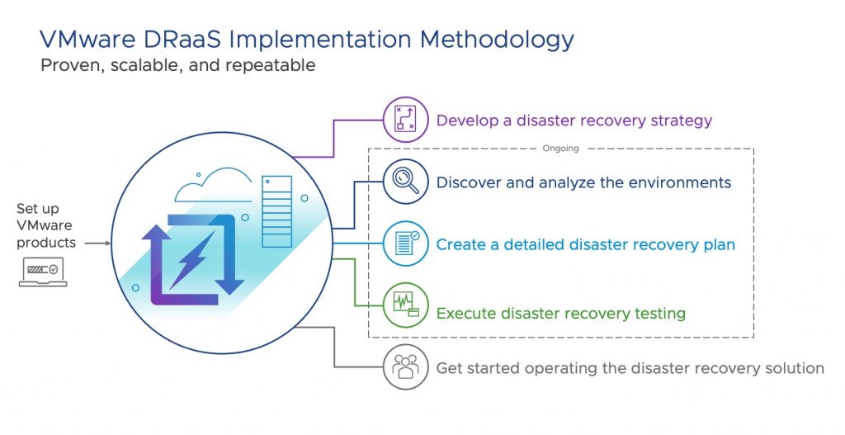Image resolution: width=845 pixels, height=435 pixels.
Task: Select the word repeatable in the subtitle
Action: coord(271,66)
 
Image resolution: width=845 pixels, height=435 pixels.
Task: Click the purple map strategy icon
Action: coord(405,120)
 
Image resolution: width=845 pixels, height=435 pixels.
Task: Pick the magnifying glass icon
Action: coord(405,182)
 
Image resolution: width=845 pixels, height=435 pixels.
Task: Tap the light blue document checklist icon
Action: coord(405,244)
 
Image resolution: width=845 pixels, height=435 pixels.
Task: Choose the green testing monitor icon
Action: coord(405,305)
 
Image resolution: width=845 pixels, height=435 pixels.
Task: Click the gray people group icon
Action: coord(405,367)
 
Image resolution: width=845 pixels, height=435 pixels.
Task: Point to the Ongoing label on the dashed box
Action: coord(560,149)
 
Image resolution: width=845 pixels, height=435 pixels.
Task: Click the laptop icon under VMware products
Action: coord(43,272)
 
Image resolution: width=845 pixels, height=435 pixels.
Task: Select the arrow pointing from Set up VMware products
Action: coord(97,244)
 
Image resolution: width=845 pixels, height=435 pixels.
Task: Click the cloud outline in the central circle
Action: coord(214,185)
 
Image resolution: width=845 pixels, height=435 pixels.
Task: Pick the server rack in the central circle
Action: coord(277,211)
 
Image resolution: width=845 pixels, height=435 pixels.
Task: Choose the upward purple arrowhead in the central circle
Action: coord(156,233)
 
